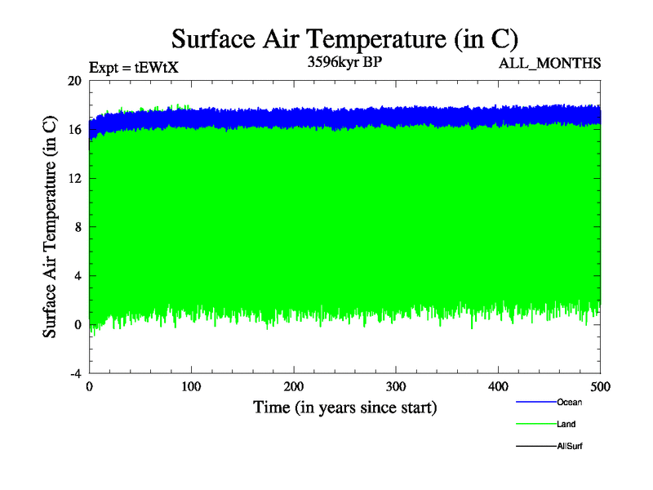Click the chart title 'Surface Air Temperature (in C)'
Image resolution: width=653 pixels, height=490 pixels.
tap(344, 38)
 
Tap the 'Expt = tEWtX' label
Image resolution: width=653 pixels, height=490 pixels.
tap(133, 68)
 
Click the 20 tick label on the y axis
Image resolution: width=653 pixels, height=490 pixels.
tap(74, 81)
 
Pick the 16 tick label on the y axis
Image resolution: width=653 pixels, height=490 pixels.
tap(74, 130)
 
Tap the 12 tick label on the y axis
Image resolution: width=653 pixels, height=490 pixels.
tap(74, 178)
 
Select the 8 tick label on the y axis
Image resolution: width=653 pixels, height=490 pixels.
tap(78, 227)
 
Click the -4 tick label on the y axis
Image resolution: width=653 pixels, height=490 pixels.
tap(74, 373)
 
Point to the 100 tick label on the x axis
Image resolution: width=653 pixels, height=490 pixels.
tap(192, 387)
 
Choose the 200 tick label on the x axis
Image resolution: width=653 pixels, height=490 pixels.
tap(294, 387)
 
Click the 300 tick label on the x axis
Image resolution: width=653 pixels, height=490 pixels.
tap(396, 387)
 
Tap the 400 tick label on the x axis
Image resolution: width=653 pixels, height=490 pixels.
tap(498, 387)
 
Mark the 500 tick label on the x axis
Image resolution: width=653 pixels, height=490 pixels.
tap(600, 387)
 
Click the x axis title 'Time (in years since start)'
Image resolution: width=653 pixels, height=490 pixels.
tap(344, 408)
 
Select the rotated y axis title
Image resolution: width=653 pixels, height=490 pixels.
tap(50, 227)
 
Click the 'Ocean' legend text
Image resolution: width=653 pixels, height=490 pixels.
tap(569, 402)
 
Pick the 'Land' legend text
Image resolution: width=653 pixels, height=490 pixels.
tap(567, 424)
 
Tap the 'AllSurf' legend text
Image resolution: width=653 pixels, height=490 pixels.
tap(570, 446)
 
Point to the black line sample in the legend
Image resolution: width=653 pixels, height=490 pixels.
tap(535, 446)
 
